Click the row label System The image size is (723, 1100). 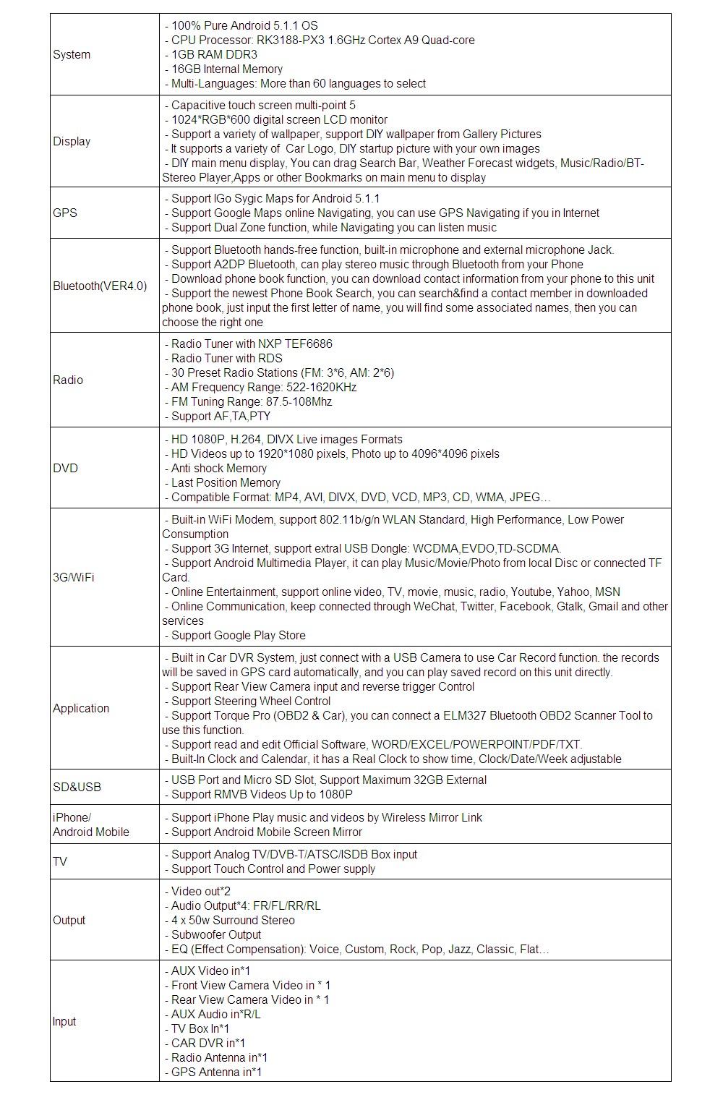pyautogui.click(x=72, y=55)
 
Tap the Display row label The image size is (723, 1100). pyautogui.click(x=72, y=142)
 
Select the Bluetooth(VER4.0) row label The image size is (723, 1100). pyautogui.click(x=100, y=286)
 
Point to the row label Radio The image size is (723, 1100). pyautogui.click(x=68, y=380)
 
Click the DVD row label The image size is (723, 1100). pyautogui.click(x=65, y=469)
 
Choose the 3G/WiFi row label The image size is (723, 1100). pyautogui.click(x=74, y=578)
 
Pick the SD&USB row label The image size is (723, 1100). pyautogui.click(x=77, y=788)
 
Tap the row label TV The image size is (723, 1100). pyautogui.click(x=60, y=862)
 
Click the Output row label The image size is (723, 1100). pyautogui.click(x=69, y=921)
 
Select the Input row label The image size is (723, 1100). pyautogui.click(x=64, y=1022)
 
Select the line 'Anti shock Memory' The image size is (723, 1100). pyautogui.click(x=218, y=469)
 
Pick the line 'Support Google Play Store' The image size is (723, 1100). pyautogui.click(x=238, y=636)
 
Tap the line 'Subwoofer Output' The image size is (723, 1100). pyautogui.click(x=215, y=935)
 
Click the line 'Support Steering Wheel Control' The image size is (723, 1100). pyautogui.click(x=250, y=702)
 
